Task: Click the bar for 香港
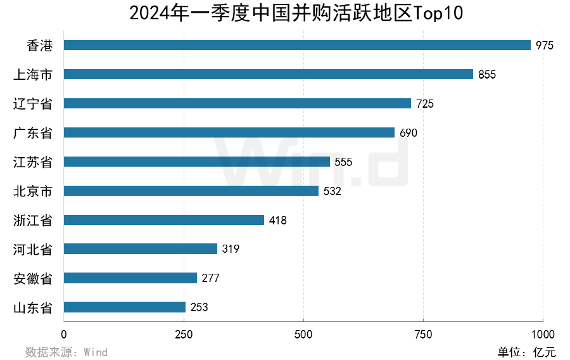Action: pyautogui.click(x=297, y=45)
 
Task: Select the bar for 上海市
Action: pyautogui.click(x=269, y=74)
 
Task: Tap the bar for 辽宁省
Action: pyautogui.click(x=237, y=103)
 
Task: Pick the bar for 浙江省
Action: pyautogui.click(x=164, y=220)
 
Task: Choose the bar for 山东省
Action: pyautogui.click(x=125, y=307)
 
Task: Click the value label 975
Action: pyautogui.click(x=545, y=46)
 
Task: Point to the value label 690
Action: pyautogui.click(x=408, y=133)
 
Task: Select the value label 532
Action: pyautogui.click(x=332, y=191)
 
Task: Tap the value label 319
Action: pyautogui.click(x=231, y=250)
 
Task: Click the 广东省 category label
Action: pyautogui.click(x=33, y=133)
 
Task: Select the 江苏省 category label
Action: pyautogui.click(x=33, y=162)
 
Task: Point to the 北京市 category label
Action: pyautogui.click(x=33, y=191)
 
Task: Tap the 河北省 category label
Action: pyautogui.click(x=33, y=250)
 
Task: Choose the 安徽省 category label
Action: pyautogui.click(x=33, y=279)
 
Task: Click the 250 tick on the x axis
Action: pyautogui.click(x=184, y=335)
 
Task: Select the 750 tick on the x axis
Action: pyautogui.click(x=423, y=335)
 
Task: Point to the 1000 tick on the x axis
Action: pyautogui.click(x=543, y=335)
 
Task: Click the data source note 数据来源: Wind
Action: pyautogui.click(x=66, y=352)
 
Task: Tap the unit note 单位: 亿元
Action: pyautogui.click(x=526, y=352)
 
